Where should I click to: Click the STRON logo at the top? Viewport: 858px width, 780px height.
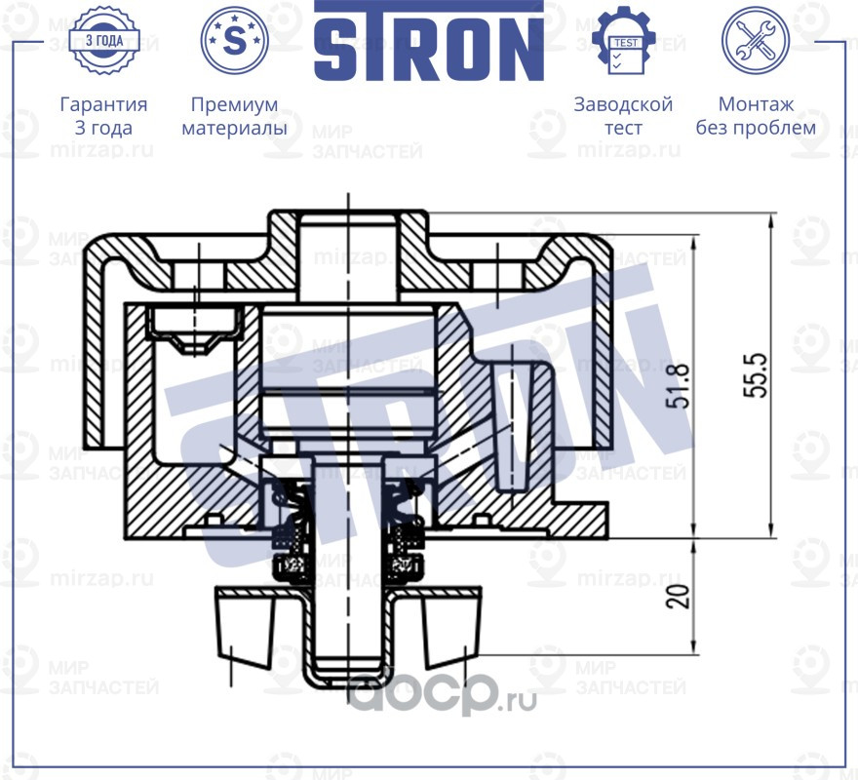coord(428,41)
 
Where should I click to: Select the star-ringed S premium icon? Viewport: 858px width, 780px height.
coord(234,40)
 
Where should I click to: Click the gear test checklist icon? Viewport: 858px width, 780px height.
coord(624,40)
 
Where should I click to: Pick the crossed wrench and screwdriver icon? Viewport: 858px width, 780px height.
coord(755,40)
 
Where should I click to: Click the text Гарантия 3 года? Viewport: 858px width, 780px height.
coord(103,116)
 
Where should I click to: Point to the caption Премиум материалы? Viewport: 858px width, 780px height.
coord(234,116)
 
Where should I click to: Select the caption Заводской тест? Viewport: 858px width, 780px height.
coord(623,116)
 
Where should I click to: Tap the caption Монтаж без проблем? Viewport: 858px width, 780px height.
coord(756,116)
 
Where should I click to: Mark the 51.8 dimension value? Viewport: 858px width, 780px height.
coord(680,385)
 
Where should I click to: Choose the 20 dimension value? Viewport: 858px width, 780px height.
coord(680,596)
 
